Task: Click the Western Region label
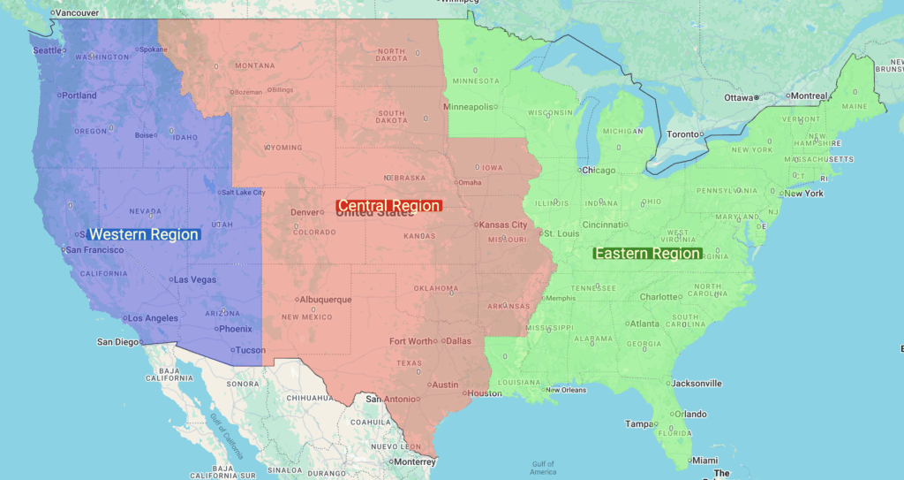coord(144,234)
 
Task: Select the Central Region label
coord(388,206)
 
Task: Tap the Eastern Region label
coord(648,254)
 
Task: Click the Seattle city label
coord(48,50)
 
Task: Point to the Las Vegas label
coord(195,280)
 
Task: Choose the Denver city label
coord(305,212)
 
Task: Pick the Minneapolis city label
coord(468,107)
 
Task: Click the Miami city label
coord(704,461)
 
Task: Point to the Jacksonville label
coord(697,384)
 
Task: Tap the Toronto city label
coord(682,134)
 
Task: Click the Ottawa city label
coord(738,97)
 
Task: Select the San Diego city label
coord(117,342)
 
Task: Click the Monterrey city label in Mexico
coord(415,461)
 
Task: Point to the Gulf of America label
coord(543,468)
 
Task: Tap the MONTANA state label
coord(254,65)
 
